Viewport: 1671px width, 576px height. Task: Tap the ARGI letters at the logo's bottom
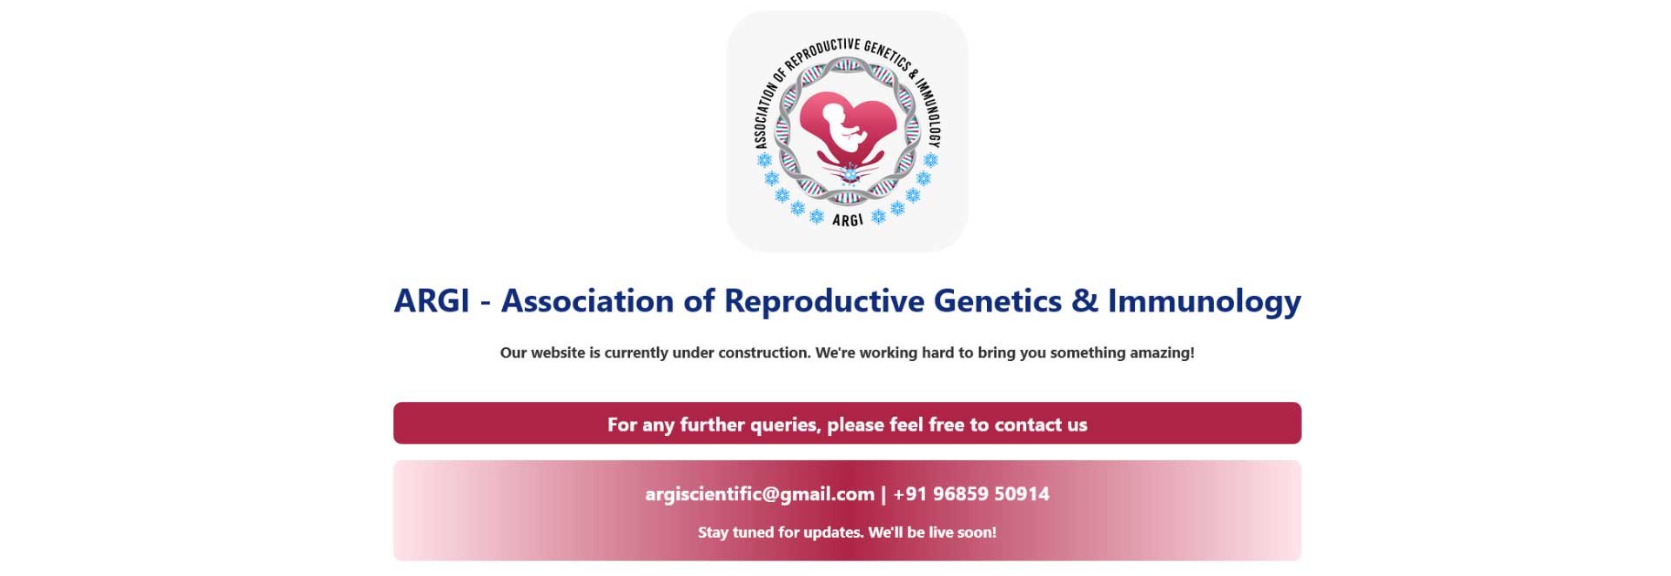848,220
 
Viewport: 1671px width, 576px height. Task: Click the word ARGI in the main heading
432,301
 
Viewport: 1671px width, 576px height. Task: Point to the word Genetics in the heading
997,301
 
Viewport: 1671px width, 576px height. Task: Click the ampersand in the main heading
1084,301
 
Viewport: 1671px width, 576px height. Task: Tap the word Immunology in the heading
1205,302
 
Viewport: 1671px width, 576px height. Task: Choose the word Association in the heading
587,301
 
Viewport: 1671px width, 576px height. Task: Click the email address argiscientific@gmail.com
760,494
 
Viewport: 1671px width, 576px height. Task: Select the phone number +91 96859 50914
971,494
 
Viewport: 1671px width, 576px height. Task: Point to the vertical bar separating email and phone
883,495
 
